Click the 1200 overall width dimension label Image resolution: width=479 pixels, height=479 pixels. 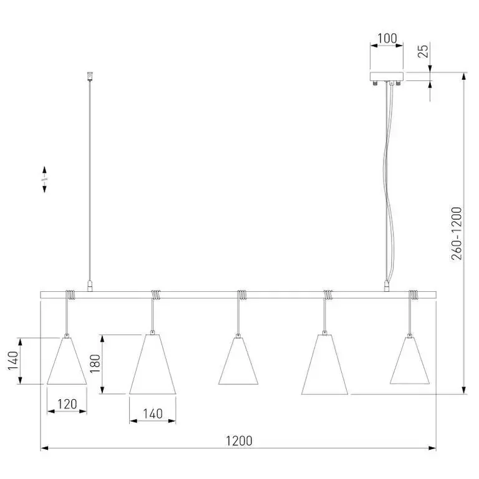point(239,441)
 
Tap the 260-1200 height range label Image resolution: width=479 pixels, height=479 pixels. point(457,233)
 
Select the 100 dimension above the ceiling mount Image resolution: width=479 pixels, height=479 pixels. point(387,39)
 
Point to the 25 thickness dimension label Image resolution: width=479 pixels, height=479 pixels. point(423,51)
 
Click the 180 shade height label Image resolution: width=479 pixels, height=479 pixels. point(95,363)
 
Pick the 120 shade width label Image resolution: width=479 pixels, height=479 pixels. point(67,404)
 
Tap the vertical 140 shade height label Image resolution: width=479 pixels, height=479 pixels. point(13,360)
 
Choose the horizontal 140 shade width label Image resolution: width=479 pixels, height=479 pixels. point(153,414)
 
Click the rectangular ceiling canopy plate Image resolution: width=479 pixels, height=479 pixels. point(387,76)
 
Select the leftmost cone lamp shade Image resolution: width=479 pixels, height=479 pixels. point(67,361)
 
